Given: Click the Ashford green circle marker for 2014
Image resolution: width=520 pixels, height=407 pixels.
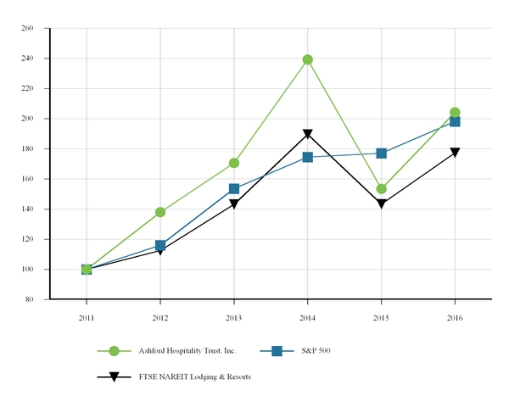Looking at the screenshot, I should pos(308,59).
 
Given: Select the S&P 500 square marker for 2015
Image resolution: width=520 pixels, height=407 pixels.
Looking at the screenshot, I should pos(382,153).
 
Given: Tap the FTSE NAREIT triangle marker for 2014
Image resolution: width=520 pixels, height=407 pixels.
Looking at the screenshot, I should pos(308,134).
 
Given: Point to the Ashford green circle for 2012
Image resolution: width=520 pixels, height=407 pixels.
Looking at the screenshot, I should pos(160,212).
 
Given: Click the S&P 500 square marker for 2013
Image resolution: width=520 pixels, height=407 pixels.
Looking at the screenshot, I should pos(234,189).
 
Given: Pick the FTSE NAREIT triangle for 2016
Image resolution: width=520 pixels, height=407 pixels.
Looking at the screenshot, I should pos(456,153).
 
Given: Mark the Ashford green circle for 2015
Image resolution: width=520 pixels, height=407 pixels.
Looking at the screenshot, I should pos(382,189).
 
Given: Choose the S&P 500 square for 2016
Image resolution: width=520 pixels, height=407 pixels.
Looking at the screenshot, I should pos(456,121).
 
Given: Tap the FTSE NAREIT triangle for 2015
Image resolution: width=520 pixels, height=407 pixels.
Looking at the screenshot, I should pos(382,204).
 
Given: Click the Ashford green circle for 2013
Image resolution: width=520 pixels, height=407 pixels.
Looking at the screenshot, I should pos(234,163).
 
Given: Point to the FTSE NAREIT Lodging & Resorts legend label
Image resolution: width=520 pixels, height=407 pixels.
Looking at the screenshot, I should pos(195,376).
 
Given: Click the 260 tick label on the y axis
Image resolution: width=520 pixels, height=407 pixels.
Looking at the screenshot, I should pos(26,28).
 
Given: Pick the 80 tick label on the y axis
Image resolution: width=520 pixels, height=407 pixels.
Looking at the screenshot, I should pos(29,299).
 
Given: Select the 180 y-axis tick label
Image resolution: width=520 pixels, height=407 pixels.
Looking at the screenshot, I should pos(26,149).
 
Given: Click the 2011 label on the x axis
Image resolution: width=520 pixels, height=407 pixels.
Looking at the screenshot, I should pos(87,316).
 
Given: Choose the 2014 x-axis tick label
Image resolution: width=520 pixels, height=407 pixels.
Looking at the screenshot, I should pos(308,316).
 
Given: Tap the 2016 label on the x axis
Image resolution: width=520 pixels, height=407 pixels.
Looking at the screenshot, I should pos(456,316).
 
